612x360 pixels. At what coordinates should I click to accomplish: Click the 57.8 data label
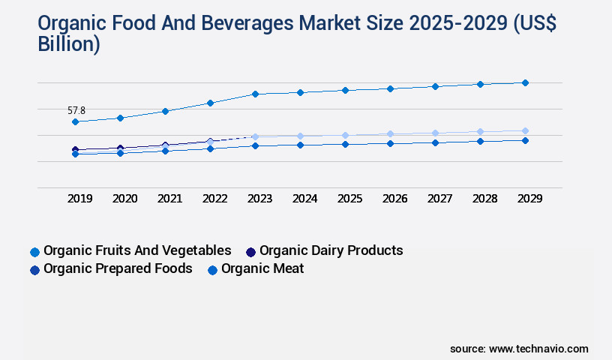[76, 110]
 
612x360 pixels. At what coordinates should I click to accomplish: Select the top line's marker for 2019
[75, 121]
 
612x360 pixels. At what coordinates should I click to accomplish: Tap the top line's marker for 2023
[255, 94]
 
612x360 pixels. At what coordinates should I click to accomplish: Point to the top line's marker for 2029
[525, 82]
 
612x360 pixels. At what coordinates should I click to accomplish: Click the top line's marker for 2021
[165, 111]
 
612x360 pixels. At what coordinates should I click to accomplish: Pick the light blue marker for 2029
[525, 130]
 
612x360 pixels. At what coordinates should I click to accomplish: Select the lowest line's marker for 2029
[525, 140]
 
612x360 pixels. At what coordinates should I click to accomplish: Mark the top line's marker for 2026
[390, 88]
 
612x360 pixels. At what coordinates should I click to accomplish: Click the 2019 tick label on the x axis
[79, 199]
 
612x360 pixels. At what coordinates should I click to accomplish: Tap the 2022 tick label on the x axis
[214, 199]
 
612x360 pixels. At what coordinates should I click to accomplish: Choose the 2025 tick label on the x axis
[349, 199]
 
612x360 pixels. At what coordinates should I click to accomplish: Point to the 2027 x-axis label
[439, 199]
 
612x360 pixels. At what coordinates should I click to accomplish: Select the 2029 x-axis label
[529, 199]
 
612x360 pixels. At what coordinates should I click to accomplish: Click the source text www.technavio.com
[538, 349]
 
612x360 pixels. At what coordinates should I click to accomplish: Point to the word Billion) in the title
[68, 44]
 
